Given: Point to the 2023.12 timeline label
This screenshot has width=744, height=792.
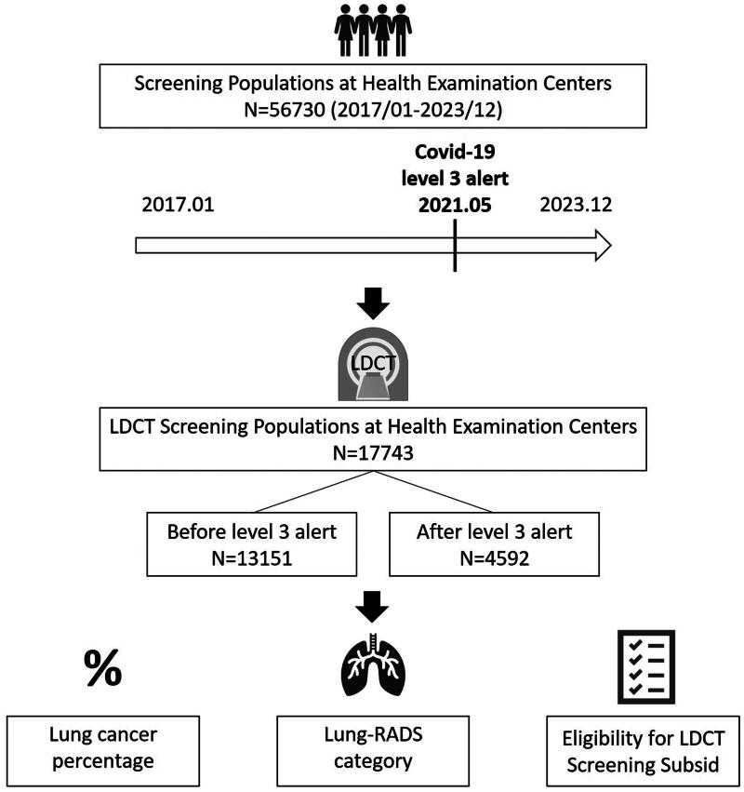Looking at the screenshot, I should coord(575,204).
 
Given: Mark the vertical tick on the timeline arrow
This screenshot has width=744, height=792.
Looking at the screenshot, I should coord(455,247).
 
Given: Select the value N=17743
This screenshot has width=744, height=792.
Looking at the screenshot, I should coord(372,455).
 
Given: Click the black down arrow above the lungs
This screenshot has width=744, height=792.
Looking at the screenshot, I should coord(372,610).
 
